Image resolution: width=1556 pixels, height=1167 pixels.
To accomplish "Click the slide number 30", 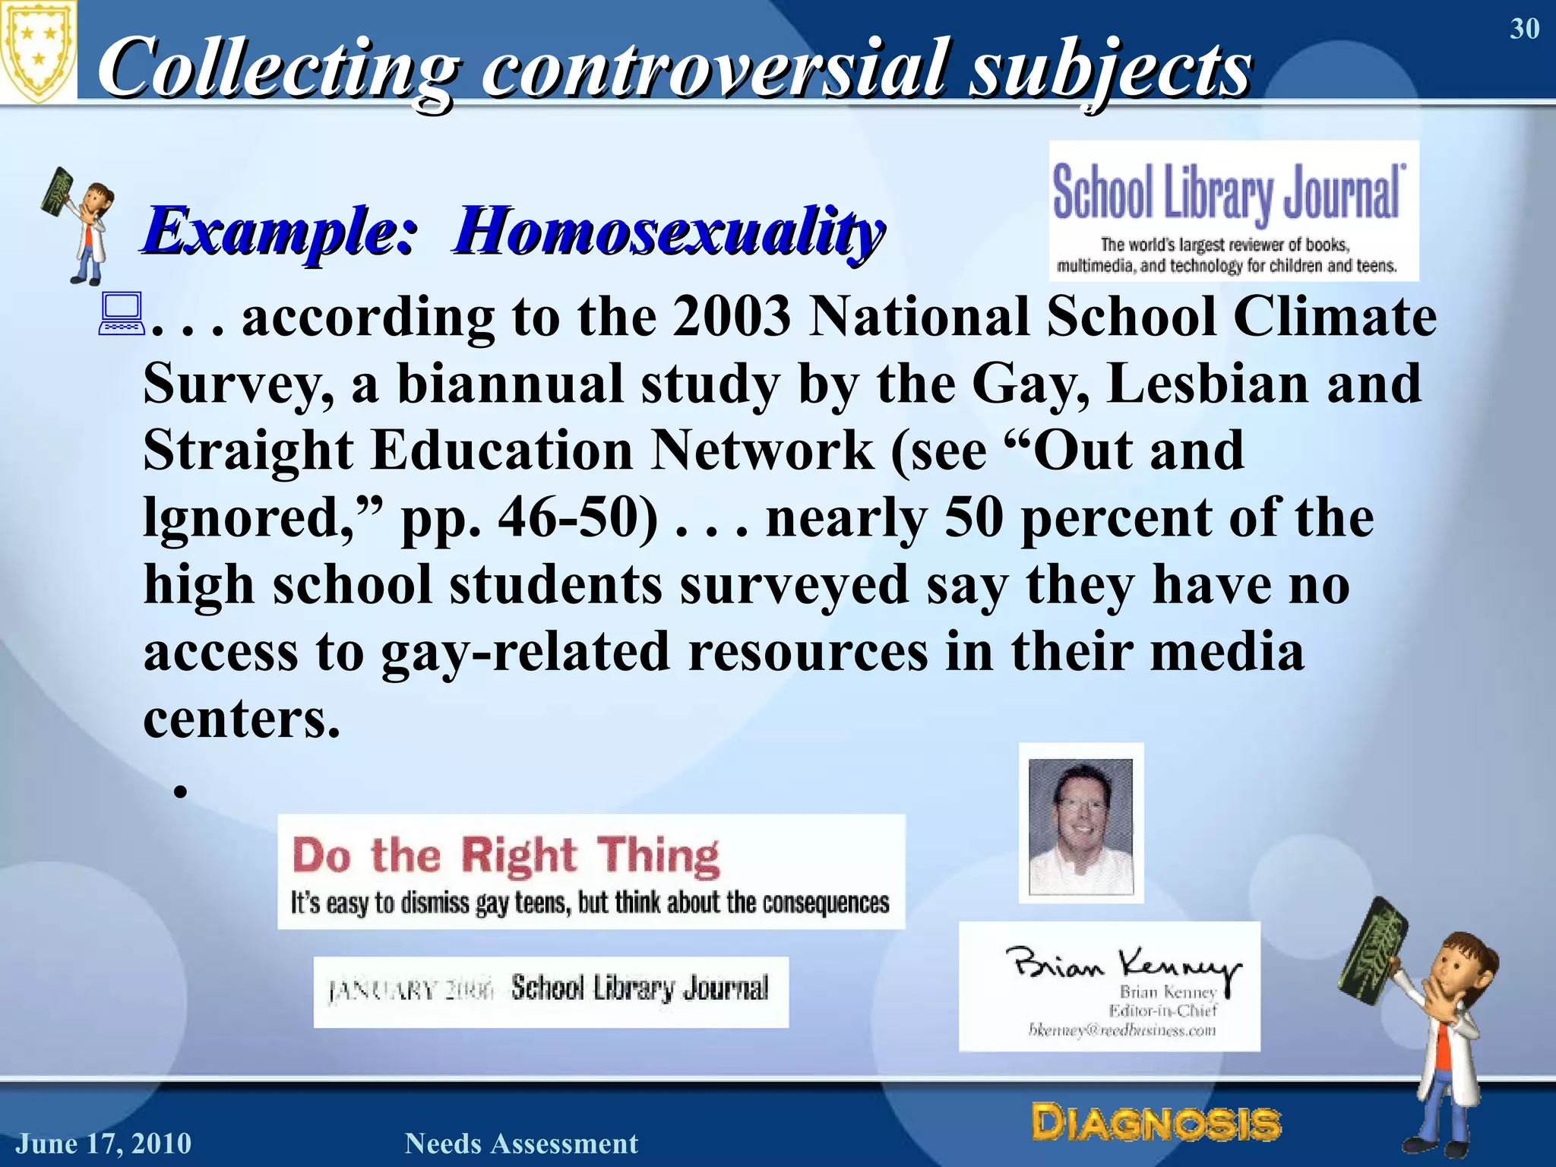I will [x=1524, y=29].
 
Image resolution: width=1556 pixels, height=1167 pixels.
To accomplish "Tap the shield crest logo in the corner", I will [x=38, y=50].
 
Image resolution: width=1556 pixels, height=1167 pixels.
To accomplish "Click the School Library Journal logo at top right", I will [x=1233, y=210].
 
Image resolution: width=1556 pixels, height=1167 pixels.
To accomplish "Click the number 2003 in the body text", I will [x=731, y=316].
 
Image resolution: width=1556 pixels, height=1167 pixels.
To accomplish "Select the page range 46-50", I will [x=577, y=518].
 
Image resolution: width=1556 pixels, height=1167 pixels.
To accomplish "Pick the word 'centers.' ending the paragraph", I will [x=242, y=719].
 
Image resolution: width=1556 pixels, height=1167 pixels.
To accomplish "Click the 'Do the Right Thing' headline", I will [x=506, y=855].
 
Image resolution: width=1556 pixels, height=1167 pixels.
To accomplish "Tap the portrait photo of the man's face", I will [x=1080, y=824].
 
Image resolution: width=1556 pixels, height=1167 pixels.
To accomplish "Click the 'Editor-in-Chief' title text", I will [x=1162, y=1010].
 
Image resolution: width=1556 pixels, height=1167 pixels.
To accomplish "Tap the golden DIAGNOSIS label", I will [x=1156, y=1123].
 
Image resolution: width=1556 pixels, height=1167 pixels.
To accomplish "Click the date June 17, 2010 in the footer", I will [x=104, y=1143].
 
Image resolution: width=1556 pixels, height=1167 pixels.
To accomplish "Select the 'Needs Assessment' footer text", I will [x=521, y=1143].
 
